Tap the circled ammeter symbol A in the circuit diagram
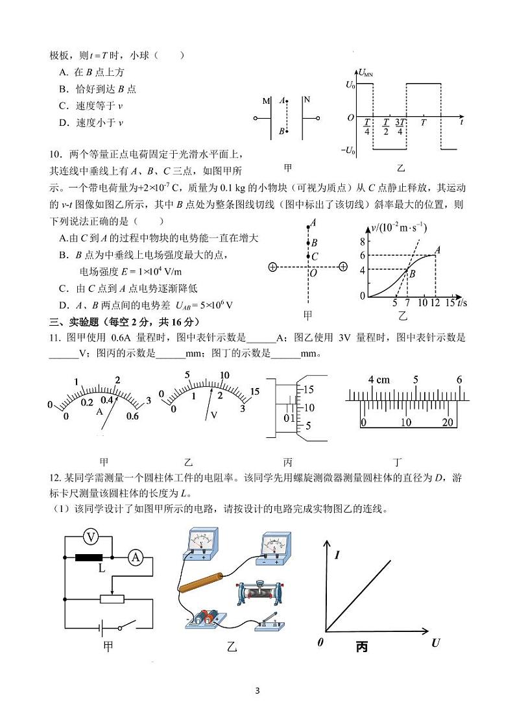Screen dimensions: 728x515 135,557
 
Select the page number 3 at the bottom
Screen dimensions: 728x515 257,690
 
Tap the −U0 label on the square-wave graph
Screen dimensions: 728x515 348,151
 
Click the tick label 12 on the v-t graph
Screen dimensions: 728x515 436,303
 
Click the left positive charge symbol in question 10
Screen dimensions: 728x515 272,267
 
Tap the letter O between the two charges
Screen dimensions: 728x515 313,274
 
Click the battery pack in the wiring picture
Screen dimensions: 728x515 204,618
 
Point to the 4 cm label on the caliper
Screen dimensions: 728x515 379,380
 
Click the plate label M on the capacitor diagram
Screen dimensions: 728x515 266,101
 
